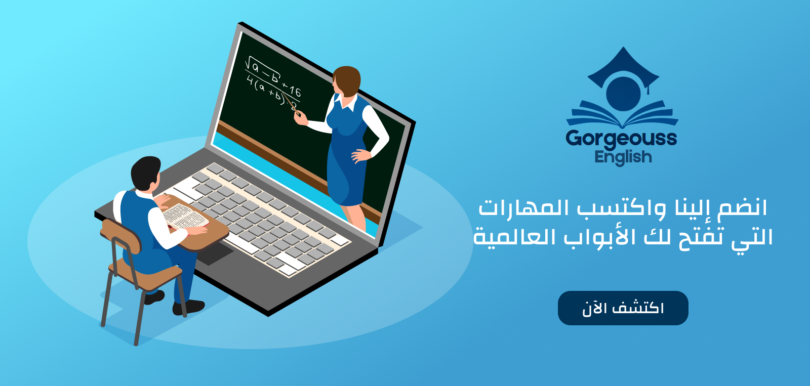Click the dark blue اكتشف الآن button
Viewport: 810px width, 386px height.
point(623,308)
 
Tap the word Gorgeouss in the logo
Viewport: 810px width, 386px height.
point(621,139)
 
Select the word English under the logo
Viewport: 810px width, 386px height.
point(623,157)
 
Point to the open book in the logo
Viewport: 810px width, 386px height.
point(622,114)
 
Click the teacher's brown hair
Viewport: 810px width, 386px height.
point(347,80)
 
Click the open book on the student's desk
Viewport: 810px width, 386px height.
point(184,217)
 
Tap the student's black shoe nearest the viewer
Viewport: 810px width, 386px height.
point(188,307)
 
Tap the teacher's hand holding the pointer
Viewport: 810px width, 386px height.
point(301,118)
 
